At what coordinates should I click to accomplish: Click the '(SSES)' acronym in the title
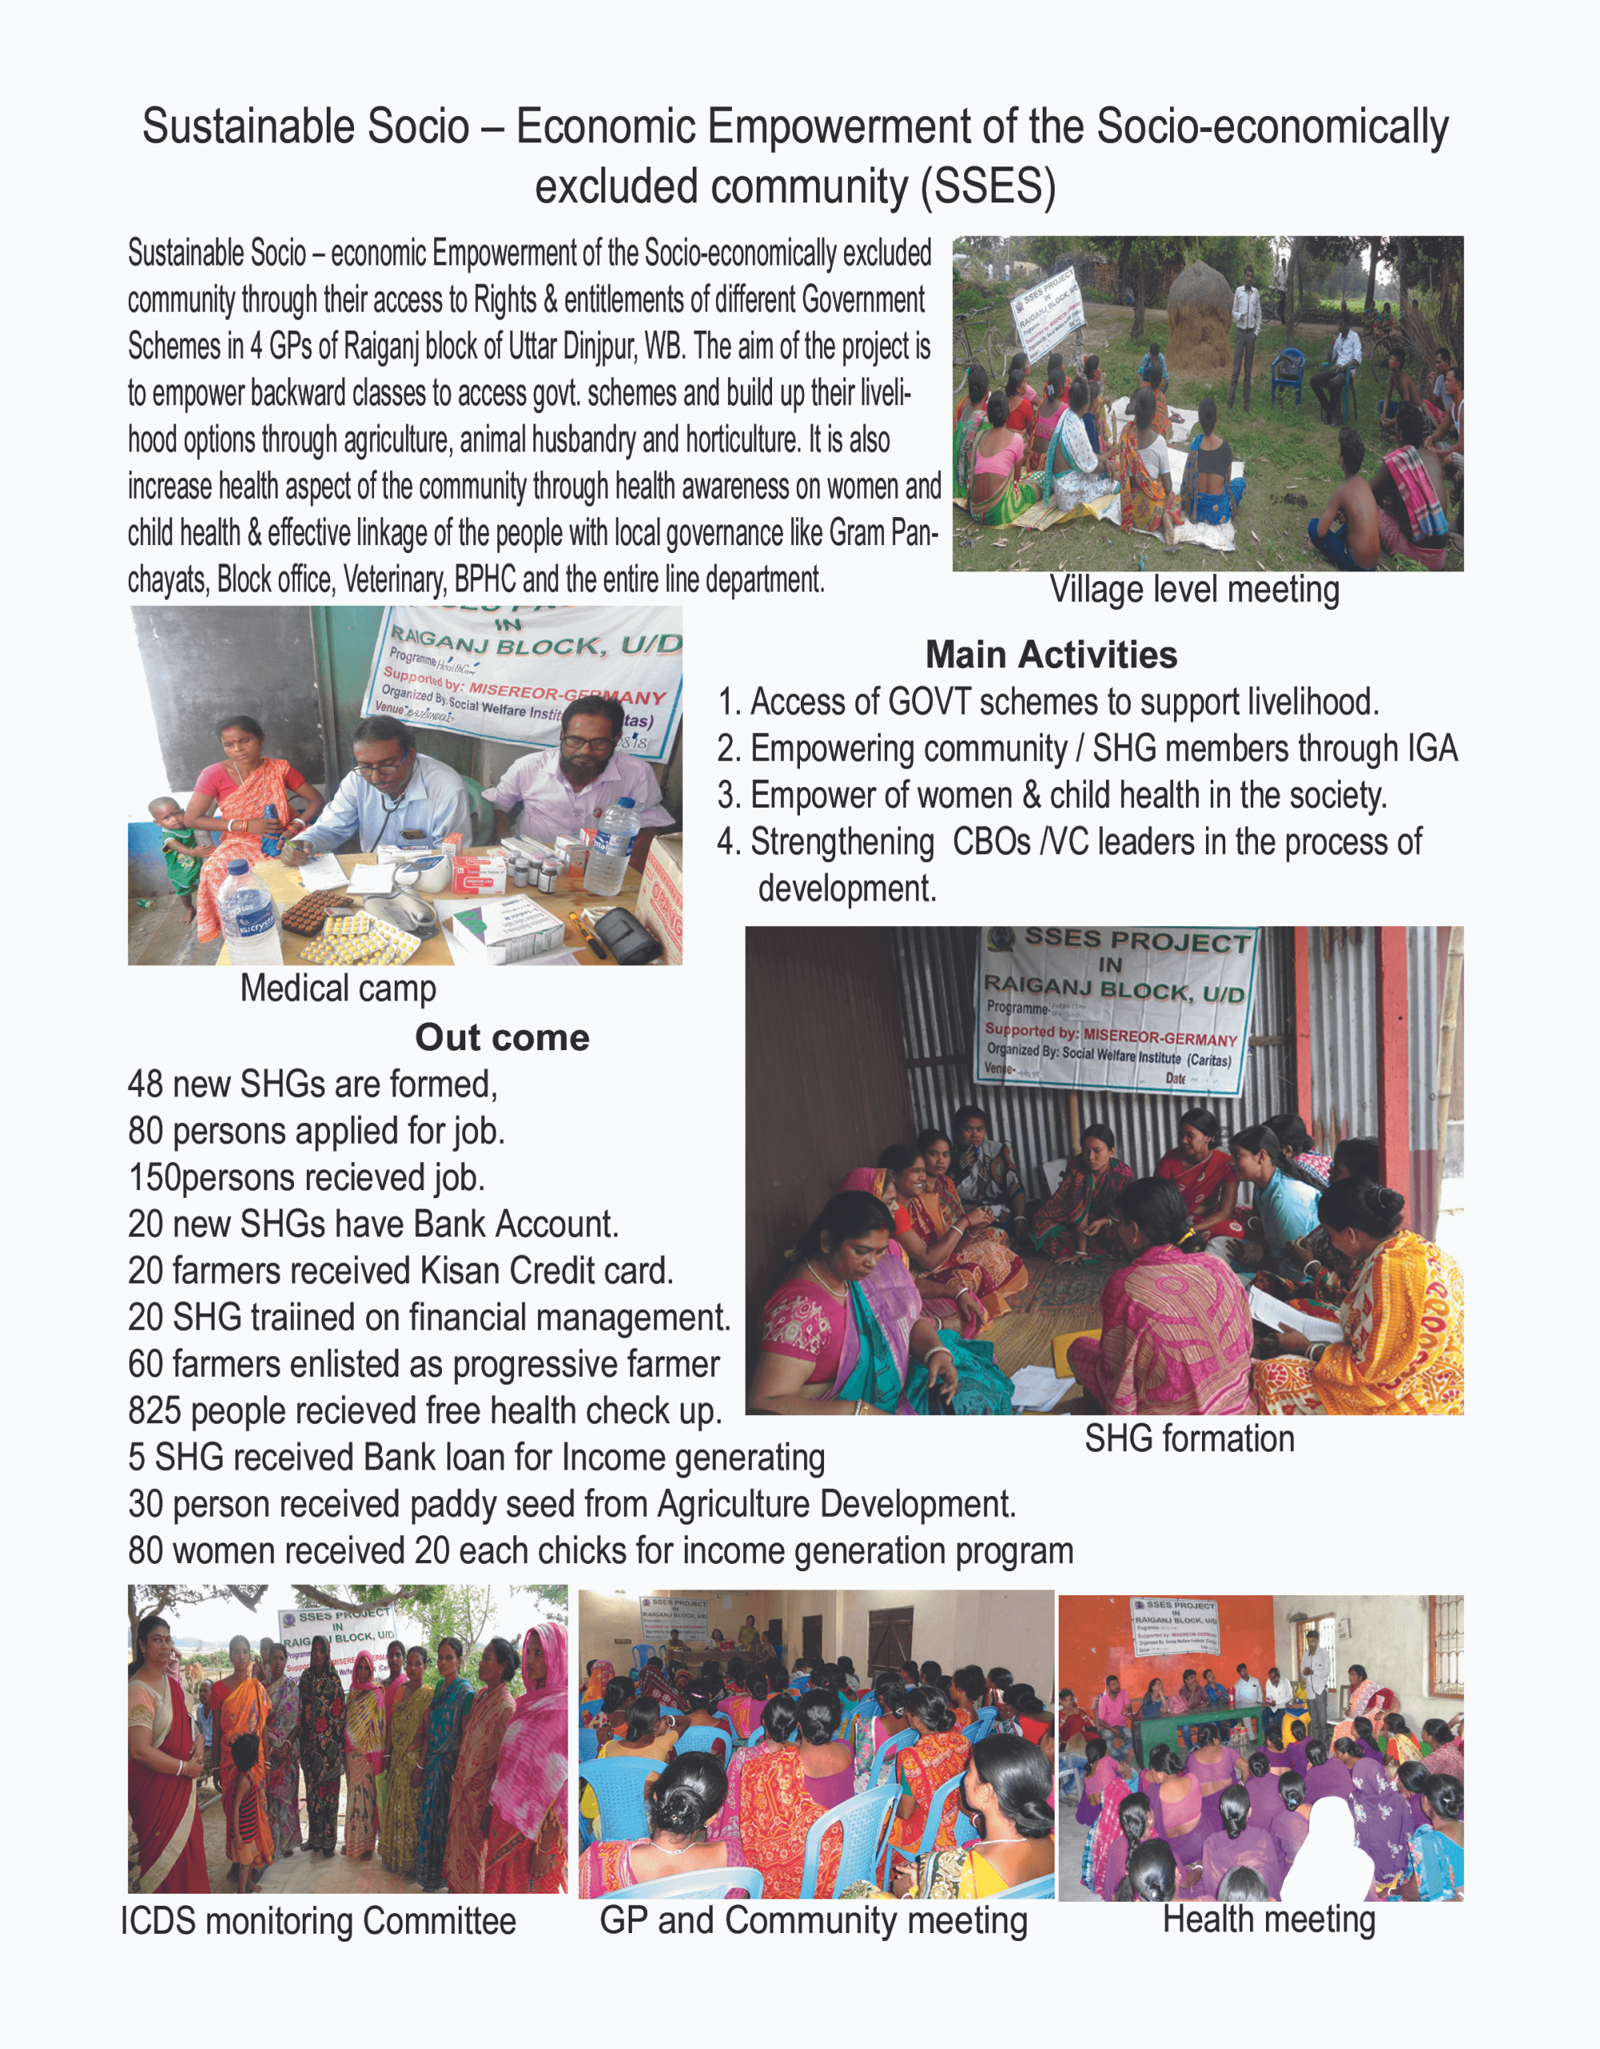pyautogui.click(x=987, y=186)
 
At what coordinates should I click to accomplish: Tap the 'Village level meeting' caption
pyautogui.click(x=1194, y=590)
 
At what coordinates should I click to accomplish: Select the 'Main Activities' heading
pyautogui.click(x=1051, y=655)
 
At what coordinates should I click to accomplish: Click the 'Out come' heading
pyautogui.click(x=502, y=1037)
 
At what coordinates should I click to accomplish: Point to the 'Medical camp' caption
pyautogui.click(x=338, y=988)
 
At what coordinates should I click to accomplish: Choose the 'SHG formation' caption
pyautogui.click(x=1189, y=1438)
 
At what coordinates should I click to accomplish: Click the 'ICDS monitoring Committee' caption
pyautogui.click(x=318, y=1920)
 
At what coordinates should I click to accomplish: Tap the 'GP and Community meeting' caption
pyautogui.click(x=814, y=1919)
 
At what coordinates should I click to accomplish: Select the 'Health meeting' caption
pyautogui.click(x=1268, y=1919)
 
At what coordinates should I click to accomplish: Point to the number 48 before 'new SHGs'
pyautogui.click(x=146, y=1085)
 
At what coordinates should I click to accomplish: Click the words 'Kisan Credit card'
pyautogui.click(x=546, y=1270)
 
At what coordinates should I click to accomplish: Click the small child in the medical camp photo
pyautogui.click(x=175, y=849)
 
